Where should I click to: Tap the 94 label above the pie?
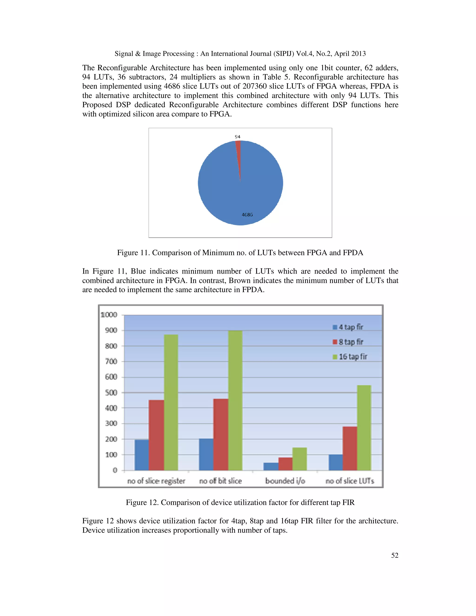[x=238, y=137]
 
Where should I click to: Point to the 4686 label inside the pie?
[x=247, y=215]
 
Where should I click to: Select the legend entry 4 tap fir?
[x=348, y=327]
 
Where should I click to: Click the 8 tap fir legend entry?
[x=348, y=342]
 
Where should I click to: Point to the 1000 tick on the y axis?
[x=109, y=315]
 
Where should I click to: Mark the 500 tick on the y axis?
[x=111, y=393]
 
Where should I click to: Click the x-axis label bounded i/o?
[x=285, y=481]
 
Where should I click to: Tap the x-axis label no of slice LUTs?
[x=350, y=481]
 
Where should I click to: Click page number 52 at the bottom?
[x=394, y=555]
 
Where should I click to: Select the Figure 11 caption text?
[x=240, y=253]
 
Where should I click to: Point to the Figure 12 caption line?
[x=240, y=502]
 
